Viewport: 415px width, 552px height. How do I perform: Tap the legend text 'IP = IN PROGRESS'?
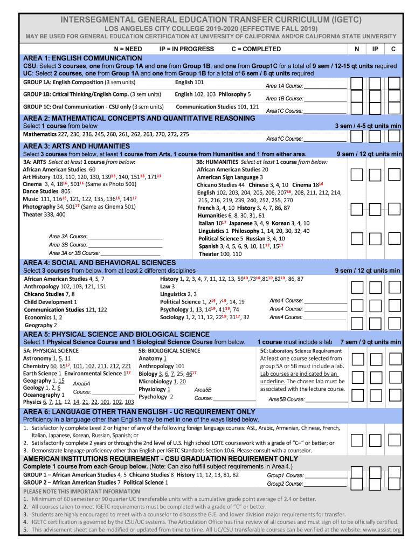coord(186,49)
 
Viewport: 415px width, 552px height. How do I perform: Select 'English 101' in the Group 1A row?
coord(189,82)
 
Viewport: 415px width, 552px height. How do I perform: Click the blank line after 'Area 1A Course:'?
coord(325,86)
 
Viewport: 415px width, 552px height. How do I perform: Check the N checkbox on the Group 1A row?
coord(356,83)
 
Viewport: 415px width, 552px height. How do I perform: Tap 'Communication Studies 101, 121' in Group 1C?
coord(217,107)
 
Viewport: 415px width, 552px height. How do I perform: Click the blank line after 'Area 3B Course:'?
coord(125,245)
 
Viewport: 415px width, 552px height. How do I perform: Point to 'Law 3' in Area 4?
coord(167,286)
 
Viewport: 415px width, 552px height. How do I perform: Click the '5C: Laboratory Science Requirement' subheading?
coord(301,350)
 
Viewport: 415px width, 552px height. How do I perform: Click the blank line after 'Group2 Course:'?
coord(326,484)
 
